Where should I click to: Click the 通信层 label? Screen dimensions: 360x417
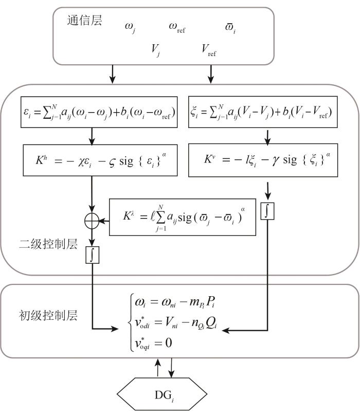tap(84, 20)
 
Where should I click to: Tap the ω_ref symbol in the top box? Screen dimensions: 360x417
tap(177, 27)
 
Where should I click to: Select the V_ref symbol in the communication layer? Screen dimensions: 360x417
tap(209, 50)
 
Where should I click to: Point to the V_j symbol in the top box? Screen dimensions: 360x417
tap(155, 50)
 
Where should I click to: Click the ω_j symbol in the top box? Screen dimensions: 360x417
tap(130, 28)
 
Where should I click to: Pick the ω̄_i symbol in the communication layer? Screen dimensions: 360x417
tap(230, 28)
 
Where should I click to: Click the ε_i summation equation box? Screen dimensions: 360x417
tap(99, 112)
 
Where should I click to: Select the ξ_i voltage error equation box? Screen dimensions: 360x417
tap(263, 112)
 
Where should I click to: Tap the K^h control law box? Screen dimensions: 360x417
tap(100, 160)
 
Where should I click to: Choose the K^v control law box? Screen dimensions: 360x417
tap(263, 160)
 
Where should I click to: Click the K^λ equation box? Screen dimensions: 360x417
tap(183, 217)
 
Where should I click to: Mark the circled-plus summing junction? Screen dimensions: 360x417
tap(92, 221)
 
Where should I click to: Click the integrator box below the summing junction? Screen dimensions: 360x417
tap(93, 255)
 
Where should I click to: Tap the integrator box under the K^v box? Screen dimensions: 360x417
tap(267, 211)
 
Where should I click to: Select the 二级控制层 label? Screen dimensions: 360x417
tap(48, 244)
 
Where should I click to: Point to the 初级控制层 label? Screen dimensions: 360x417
tap(48, 316)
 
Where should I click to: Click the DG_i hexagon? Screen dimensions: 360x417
tap(162, 394)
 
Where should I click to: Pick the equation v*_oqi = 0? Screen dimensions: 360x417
tap(153, 343)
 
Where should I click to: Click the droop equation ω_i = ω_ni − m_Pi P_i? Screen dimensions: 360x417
tap(175, 302)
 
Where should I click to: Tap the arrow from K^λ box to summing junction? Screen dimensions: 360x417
tap(104, 221)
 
